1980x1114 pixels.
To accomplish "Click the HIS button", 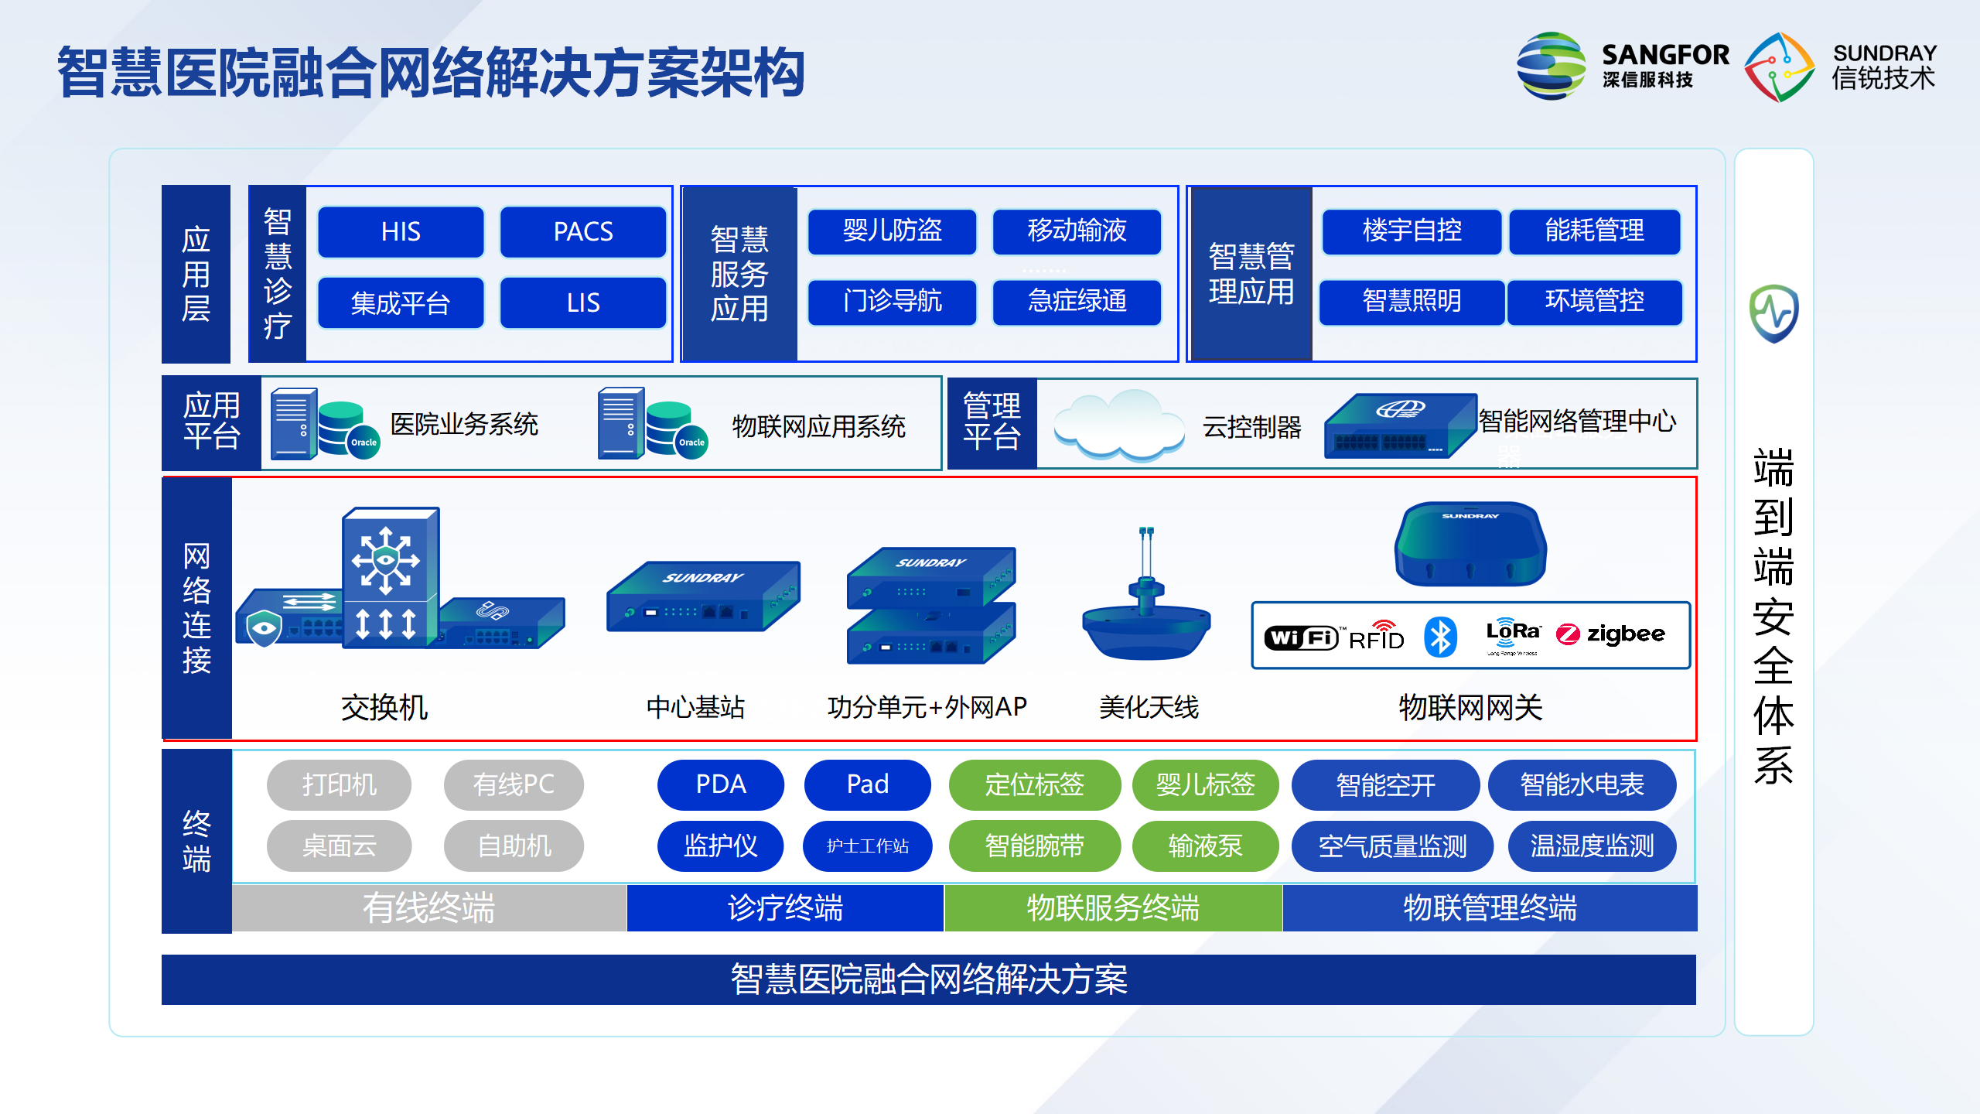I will [401, 231].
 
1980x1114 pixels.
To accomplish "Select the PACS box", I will [583, 231].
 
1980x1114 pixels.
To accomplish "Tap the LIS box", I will [583, 302].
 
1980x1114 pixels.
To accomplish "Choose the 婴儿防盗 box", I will [892, 231].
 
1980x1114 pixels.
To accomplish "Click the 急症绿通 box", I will [1077, 301].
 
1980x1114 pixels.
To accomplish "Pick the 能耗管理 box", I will [1594, 231].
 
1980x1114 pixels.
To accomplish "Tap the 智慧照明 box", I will [1412, 301].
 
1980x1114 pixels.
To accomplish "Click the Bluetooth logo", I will [1440, 637].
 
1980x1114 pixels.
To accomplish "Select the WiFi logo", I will [1301, 637].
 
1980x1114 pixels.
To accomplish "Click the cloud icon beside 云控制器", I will [1119, 425].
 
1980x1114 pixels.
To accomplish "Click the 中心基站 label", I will [695, 707].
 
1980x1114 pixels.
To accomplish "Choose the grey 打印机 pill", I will [339, 784].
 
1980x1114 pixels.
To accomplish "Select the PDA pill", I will [720, 784].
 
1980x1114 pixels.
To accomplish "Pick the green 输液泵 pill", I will [1204, 846].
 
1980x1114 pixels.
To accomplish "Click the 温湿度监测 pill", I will [1592, 846].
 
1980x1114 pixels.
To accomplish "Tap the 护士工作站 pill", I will [867, 846].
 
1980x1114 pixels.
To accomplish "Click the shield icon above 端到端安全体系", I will [1773, 314].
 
